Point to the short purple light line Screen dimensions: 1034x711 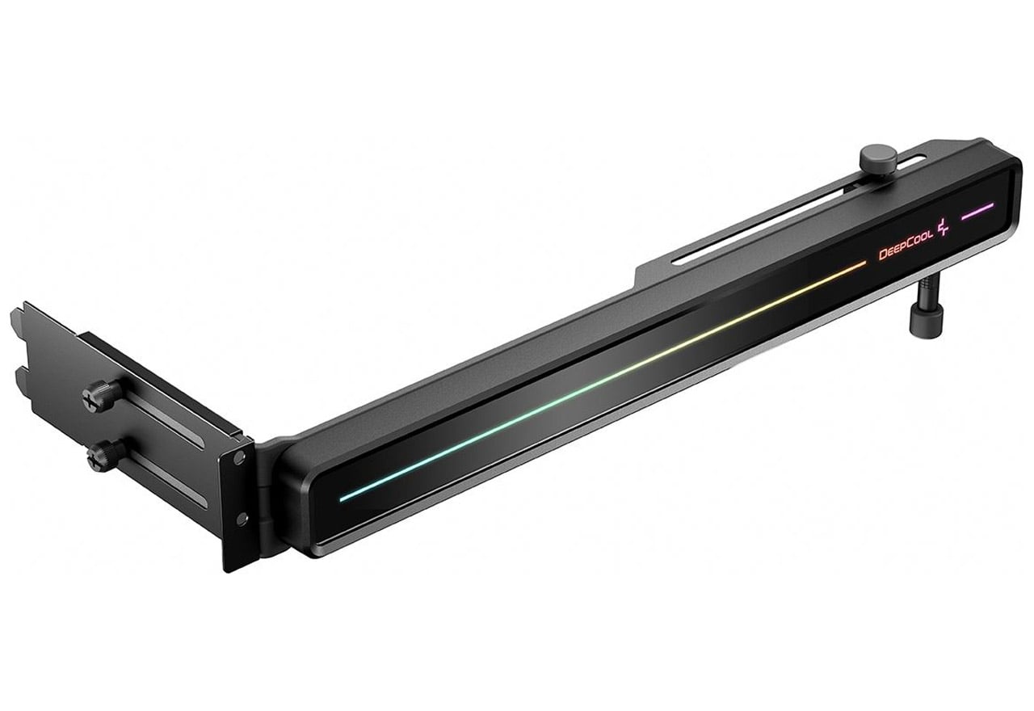click(977, 211)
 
